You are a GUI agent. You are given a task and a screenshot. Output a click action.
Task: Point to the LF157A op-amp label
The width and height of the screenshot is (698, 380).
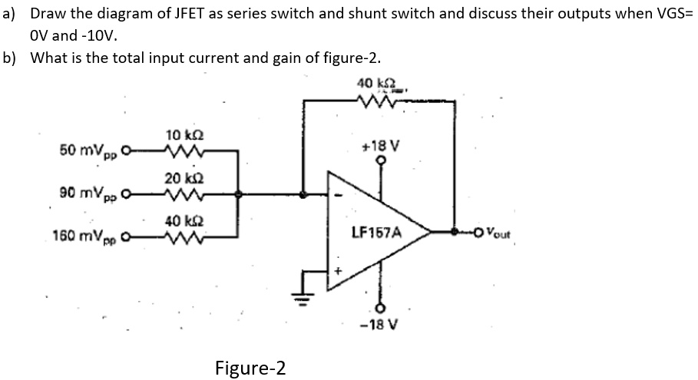click(x=376, y=230)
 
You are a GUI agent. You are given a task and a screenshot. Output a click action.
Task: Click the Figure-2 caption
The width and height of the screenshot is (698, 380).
click(x=250, y=368)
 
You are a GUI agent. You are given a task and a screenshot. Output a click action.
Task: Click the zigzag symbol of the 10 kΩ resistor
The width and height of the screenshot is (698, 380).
click(x=182, y=150)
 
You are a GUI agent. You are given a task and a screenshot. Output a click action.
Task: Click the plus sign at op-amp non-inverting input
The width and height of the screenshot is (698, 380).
click(x=336, y=270)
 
